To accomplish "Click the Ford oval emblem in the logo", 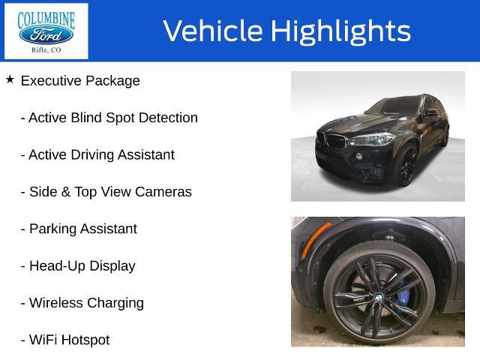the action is [46, 35].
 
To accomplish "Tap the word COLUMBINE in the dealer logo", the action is [46, 19].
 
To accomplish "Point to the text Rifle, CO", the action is [46, 50].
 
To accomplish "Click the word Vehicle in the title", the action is [213, 31].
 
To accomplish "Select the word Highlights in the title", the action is [340, 31].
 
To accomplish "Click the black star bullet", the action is [10, 79].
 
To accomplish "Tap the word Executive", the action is [51, 81].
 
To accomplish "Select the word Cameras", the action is [163, 192].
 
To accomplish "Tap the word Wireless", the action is [56, 303].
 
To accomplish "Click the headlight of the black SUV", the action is [372, 139].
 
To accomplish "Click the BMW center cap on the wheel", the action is [379, 297].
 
